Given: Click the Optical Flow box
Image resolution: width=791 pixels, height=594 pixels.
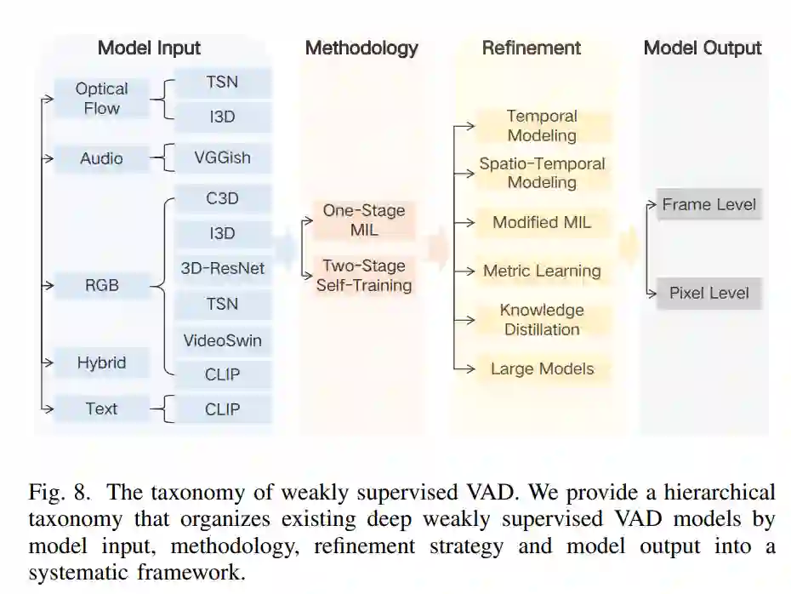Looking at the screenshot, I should click(x=101, y=99).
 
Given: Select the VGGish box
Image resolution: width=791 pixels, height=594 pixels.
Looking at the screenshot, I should click(x=222, y=158).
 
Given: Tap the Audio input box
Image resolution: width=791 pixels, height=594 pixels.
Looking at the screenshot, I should click(x=101, y=158).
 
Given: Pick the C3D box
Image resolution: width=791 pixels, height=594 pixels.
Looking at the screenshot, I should click(x=222, y=199).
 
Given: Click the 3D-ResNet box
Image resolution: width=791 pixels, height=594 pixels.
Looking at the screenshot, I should click(x=222, y=269).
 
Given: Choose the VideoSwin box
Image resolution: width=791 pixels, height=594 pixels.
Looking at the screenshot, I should click(x=222, y=340).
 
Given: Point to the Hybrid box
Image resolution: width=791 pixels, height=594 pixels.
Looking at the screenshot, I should click(x=101, y=363).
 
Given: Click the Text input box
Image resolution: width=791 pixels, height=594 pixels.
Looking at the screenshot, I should click(x=101, y=408).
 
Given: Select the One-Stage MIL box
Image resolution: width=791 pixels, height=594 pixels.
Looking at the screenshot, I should click(x=364, y=220).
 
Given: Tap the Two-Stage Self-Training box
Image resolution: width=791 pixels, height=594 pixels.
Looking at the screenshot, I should click(x=364, y=275).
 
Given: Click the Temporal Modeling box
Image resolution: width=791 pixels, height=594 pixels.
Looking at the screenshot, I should click(x=542, y=125).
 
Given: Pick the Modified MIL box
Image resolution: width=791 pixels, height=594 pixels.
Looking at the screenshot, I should click(x=542, y=223).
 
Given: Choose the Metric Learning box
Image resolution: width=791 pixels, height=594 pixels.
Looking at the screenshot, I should click(x=542, y=271).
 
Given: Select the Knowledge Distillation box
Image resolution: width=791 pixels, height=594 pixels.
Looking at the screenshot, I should click(x=542, y=320).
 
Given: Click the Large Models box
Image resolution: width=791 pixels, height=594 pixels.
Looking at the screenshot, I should click(x=542, y=369).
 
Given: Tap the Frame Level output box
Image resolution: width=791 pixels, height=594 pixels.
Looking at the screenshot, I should click(x=708, y=204).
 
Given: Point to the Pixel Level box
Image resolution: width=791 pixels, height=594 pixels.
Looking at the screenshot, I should click(x=708, y=293).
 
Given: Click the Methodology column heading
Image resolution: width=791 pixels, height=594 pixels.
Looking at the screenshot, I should click(x=361, y=48).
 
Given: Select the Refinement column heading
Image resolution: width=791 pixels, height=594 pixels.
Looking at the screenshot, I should click(x=532, y=48).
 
